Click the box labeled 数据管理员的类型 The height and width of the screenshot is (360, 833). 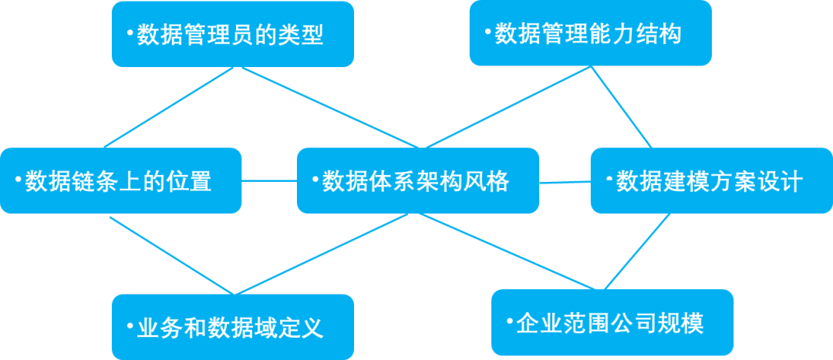[232, 34]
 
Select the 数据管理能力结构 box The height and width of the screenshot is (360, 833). [590, 34]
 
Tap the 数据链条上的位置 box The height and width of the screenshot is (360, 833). [120, 181]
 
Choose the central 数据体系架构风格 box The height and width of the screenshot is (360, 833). [417, 181]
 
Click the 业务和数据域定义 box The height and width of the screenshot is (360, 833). [232, 328]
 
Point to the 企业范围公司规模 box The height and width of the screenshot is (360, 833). [612, 322]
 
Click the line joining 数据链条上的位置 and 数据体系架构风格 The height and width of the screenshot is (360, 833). [269, 181]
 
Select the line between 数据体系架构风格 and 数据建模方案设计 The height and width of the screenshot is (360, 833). [565, 183]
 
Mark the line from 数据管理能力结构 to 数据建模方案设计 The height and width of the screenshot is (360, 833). [623, 108]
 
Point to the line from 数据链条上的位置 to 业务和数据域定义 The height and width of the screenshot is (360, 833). [171, 255]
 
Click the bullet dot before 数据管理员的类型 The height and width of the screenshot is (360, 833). [130, 33]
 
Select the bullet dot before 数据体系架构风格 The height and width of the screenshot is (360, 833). [315, 180]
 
